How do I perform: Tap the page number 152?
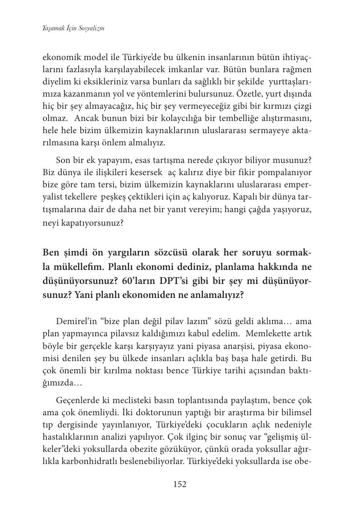[x=180, y=484]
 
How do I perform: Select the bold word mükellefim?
[x=80, y=267]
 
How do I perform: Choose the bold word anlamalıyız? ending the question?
[x=214, y=295]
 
